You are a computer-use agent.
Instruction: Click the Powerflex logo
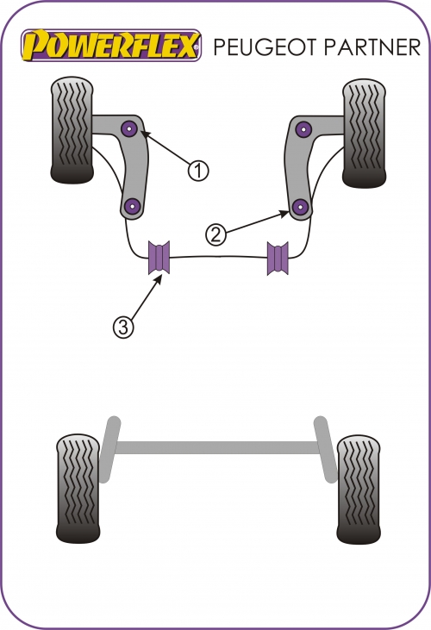coord(111,46)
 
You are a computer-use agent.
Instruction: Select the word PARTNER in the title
coord(372,47)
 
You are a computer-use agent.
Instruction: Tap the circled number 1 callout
coord(198,171)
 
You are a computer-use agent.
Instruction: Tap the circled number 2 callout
coord(216,234)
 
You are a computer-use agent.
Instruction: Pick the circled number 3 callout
coord(123,327)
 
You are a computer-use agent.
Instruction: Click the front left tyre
coord(72,130)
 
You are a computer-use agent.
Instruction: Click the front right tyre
coord(365,133)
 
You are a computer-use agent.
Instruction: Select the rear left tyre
coord(78,489)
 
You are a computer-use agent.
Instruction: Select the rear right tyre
coord(359,490)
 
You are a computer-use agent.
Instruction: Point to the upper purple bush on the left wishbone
coord(130,128)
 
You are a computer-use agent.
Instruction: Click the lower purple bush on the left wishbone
coord(132,207)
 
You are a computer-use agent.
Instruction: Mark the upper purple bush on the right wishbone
coord(303,129)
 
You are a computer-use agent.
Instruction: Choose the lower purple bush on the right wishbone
coord(300,207)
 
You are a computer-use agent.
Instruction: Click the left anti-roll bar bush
coord(159,258)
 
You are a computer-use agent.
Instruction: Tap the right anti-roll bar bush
coord(278,258)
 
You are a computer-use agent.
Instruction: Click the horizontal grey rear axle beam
coord(217,447)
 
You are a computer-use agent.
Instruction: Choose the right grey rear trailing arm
coord(325,449)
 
